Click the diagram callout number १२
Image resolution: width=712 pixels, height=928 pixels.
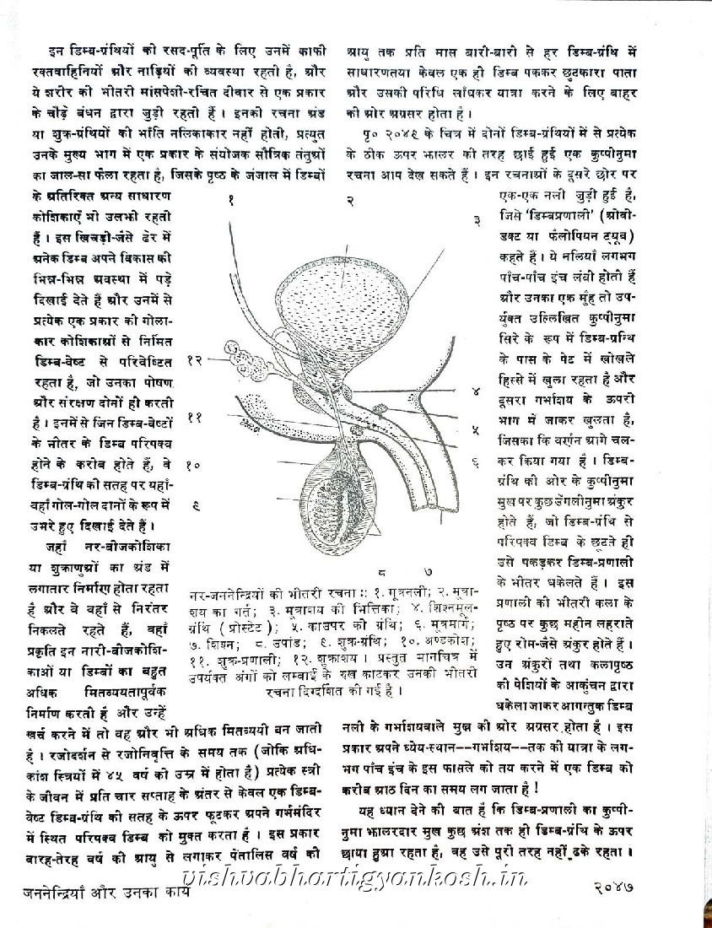(x=195, y=359)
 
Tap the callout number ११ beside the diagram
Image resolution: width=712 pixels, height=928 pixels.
(x=194, y=417)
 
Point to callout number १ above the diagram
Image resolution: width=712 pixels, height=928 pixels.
(x=229, y=200)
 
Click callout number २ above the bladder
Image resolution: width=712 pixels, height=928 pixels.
(x=348, y=201)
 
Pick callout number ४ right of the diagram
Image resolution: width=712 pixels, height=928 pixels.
(x=476, y=391)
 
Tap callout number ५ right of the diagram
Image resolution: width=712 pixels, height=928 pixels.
(x=476, y=429)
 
